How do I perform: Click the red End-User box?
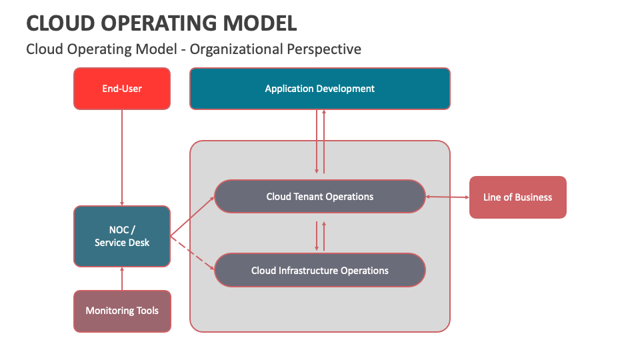click(122, 88)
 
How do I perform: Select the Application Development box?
click(319, 89)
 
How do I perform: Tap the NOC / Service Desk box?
click(122, 237)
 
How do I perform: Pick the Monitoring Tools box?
click(122, 311)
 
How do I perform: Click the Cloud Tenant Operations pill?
click(319, 197)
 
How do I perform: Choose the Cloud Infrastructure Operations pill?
click(319, 271)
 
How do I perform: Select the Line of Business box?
click(517, 197)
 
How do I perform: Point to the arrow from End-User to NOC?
click(122, 157)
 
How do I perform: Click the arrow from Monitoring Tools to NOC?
click(122, 279)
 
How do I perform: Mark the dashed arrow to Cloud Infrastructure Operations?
click(193, 253)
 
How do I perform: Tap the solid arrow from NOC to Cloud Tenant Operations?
click(193, 217)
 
